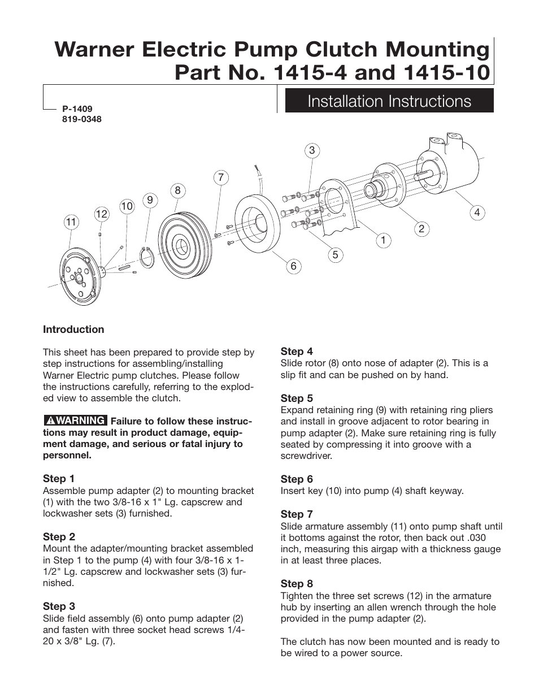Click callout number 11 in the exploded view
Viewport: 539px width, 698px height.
click(x=71, y=222)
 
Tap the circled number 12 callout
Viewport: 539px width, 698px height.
click(x=101, y=214)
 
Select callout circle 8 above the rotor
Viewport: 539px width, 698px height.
click(x=177, y=190)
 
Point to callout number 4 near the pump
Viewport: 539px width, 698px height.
click(x=477, y=213)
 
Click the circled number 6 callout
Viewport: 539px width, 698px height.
click(x=293, y=266)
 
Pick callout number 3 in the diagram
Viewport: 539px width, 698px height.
click(x=311, y=150)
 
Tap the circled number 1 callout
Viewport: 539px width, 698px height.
click(x=383, y=240)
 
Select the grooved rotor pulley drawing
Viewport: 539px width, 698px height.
click(x=183, y=245)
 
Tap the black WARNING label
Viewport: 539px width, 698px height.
click(x=75, y=420)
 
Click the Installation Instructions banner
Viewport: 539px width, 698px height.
click(x=389, y=101)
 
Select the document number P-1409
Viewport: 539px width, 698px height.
click(x=77, y=109)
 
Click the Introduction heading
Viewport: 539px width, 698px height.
click(x=73, y=330)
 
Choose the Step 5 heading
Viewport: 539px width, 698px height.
click(x=297, y=398)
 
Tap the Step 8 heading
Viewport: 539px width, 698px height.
click(x=297, y=583)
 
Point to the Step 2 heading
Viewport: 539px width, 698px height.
click(x=59, y=536)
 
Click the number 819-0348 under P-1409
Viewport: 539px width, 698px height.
click(x=81, y=119)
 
